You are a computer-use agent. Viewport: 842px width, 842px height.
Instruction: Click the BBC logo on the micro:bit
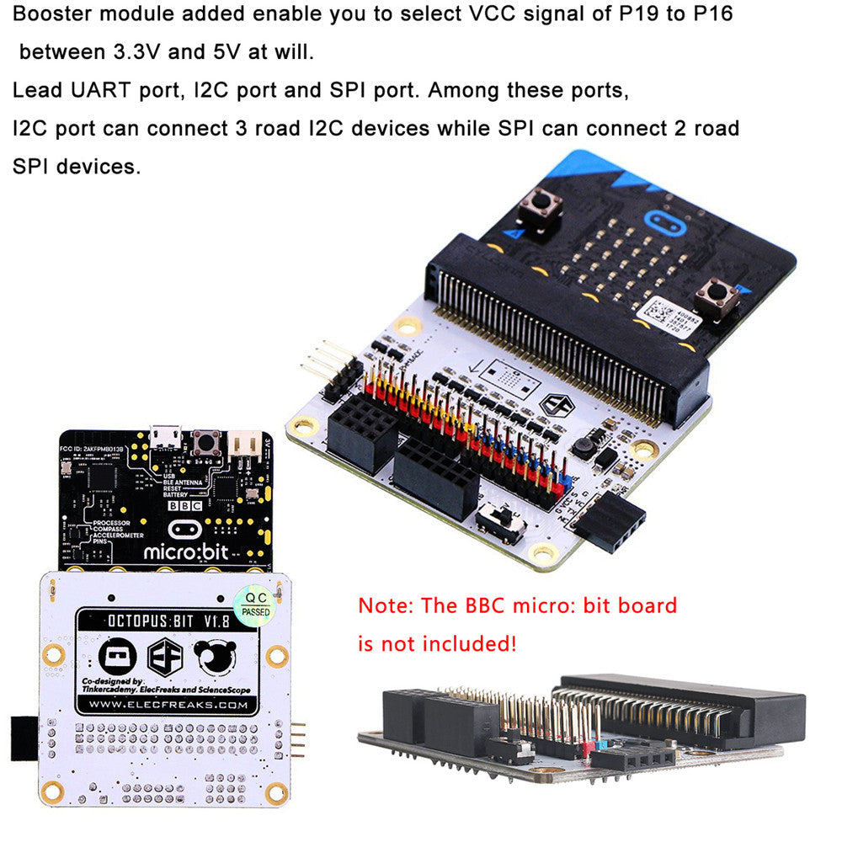coord(184,507)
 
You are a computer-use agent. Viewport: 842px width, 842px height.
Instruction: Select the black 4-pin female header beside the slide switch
coord(610,522)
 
